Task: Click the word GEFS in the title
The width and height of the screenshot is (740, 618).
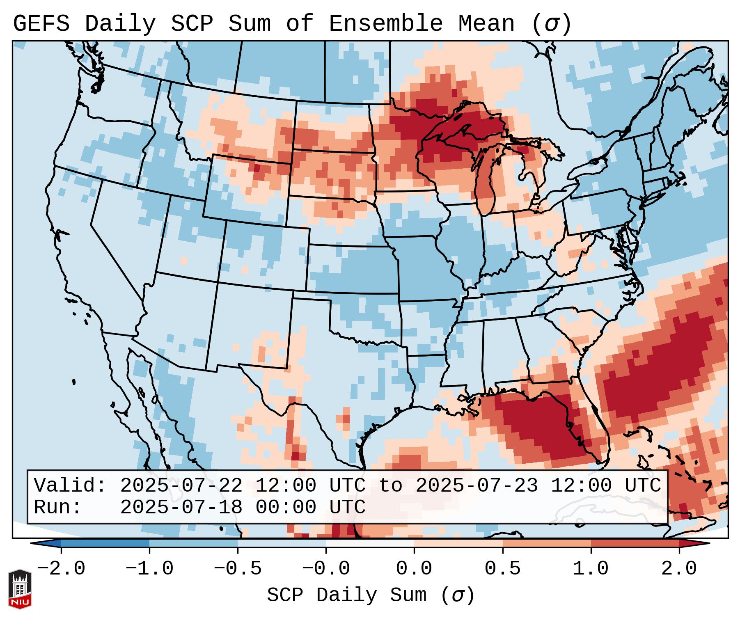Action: [41, 23]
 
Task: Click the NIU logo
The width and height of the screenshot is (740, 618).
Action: [20, 589]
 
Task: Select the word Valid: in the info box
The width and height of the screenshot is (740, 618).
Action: [70, 486]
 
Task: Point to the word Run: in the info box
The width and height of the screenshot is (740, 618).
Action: [57, 508]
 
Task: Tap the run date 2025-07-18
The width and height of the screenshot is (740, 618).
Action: [181, 508]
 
